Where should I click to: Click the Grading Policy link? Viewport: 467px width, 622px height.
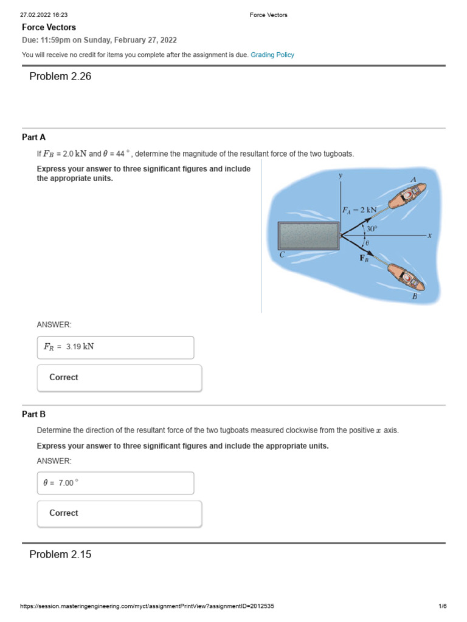pos(272,55)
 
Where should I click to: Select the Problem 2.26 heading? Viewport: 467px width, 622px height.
pos(60,77)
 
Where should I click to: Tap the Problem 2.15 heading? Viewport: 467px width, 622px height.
pos(60,554)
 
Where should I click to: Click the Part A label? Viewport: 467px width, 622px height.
pos(34,137)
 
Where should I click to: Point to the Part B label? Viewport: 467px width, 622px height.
pos(34,414)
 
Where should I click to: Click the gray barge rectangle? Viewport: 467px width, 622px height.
pos(308,235)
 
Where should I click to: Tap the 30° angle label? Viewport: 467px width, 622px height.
pos(371,229)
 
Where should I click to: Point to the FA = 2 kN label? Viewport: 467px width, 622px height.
pos(359,210)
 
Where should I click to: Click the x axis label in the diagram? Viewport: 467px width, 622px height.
pos(429,235)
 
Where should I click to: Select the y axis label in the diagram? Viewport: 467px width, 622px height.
pos(341,175)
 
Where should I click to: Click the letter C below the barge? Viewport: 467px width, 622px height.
pos(282,255)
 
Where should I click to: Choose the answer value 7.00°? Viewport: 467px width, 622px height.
pos(68,483)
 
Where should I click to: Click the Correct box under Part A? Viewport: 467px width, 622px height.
pos(119,377)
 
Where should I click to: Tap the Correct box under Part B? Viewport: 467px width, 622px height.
pos(119,513)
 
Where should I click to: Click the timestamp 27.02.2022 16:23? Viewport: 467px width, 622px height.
pos(44,15)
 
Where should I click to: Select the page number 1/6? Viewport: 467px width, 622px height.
pos(442,606)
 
